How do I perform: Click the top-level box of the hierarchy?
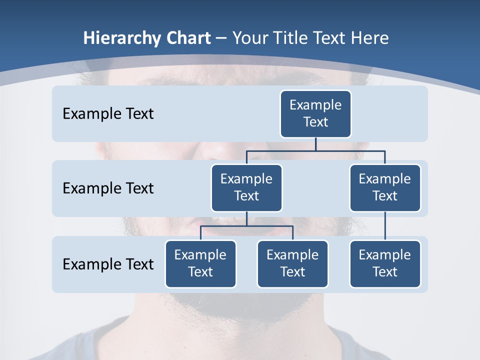click(x=315, y=113)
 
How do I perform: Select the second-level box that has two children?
click(x=246, y=187)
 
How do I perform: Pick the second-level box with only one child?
click(x=385, y=187)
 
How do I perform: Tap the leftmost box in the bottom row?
click(x=200, y=263)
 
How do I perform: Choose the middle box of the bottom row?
click(x=292, y=263)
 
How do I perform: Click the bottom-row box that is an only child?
click(x=385, y=263)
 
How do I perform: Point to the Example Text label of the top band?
click(x=108, y=113)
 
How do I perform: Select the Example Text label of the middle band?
click(x=108, y=188)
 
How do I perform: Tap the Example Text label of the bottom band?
click(x=108, y=264)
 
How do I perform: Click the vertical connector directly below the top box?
click(x=315, y=144)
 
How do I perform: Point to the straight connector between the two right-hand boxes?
click(x=385, y=226)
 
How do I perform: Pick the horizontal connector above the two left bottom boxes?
click(x=246, y=226)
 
